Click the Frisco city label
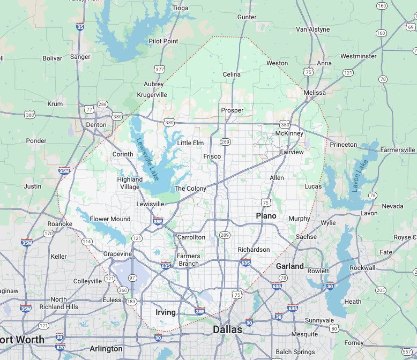pyautogui.click(x=212, y=156)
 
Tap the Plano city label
pyautogui.click(x=266, y=216)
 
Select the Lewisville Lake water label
pyautogui.click(x=147, y=159)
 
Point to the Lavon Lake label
pyautogui.click(x=360, y=176)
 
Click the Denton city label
pyautogui.click(x=96, y=125)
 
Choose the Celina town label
pyautogui.click(x=232, y=74)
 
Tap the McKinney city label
pyautogui.click(x=289, y=133)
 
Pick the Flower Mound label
pyautogui.click(x=110, y=219)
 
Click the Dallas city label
pyautogui.click(x=227, y=330)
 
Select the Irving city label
pyautogui.click(x=165, y=312)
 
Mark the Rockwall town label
pyautogui.click(x=362, y=268)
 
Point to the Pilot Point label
pyautogui.click(x=163, y=41)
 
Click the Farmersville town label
pyautogui.click(x=398, y=149)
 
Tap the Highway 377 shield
pyautogui.click(x=159, y=70)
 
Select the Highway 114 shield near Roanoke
pyautogui.click(x=86, y=241)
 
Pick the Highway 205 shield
pyautogui.click(x=381, y=290)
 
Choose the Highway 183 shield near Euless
pyautogui.click(x=131, y=301)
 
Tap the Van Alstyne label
pyautogui.click(x=312, y=29)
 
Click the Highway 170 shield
pyautogui.click(x=48, y=234)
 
